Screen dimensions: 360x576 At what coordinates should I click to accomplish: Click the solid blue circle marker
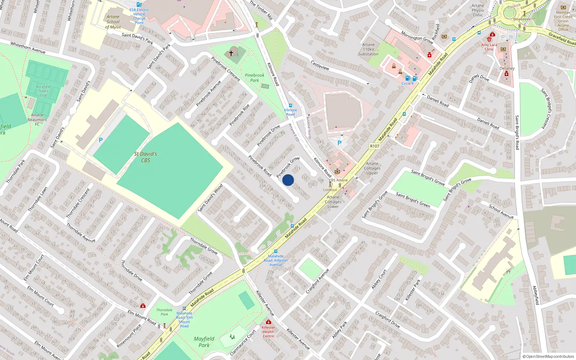288,180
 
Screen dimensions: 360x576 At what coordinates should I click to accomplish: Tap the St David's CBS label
145,157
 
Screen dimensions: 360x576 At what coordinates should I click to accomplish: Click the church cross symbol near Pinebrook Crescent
231,53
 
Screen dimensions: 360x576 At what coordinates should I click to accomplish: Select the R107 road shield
374,146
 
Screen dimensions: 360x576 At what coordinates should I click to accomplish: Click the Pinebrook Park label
255,78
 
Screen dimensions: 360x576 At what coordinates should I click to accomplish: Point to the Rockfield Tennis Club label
43,91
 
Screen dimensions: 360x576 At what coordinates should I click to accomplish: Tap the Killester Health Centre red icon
268,322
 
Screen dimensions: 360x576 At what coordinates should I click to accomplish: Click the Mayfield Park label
204,342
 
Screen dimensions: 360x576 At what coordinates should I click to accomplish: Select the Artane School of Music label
113,22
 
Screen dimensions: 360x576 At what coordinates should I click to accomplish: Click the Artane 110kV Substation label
368,49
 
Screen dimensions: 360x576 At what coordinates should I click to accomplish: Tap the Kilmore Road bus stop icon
291,106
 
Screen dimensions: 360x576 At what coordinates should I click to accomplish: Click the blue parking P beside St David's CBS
101,140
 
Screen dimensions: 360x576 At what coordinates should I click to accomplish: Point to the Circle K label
408,84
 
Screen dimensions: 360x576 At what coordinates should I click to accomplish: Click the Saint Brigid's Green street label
413,200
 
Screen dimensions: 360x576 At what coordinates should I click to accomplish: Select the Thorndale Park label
164,312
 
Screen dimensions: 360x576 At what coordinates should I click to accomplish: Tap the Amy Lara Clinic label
489,47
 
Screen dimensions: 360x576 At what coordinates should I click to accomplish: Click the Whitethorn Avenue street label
28,48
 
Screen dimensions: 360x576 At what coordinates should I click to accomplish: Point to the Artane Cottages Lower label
333,202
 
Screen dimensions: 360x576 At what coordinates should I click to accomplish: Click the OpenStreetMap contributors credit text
548,356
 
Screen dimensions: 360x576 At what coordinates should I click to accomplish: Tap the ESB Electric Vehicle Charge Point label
139,16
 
